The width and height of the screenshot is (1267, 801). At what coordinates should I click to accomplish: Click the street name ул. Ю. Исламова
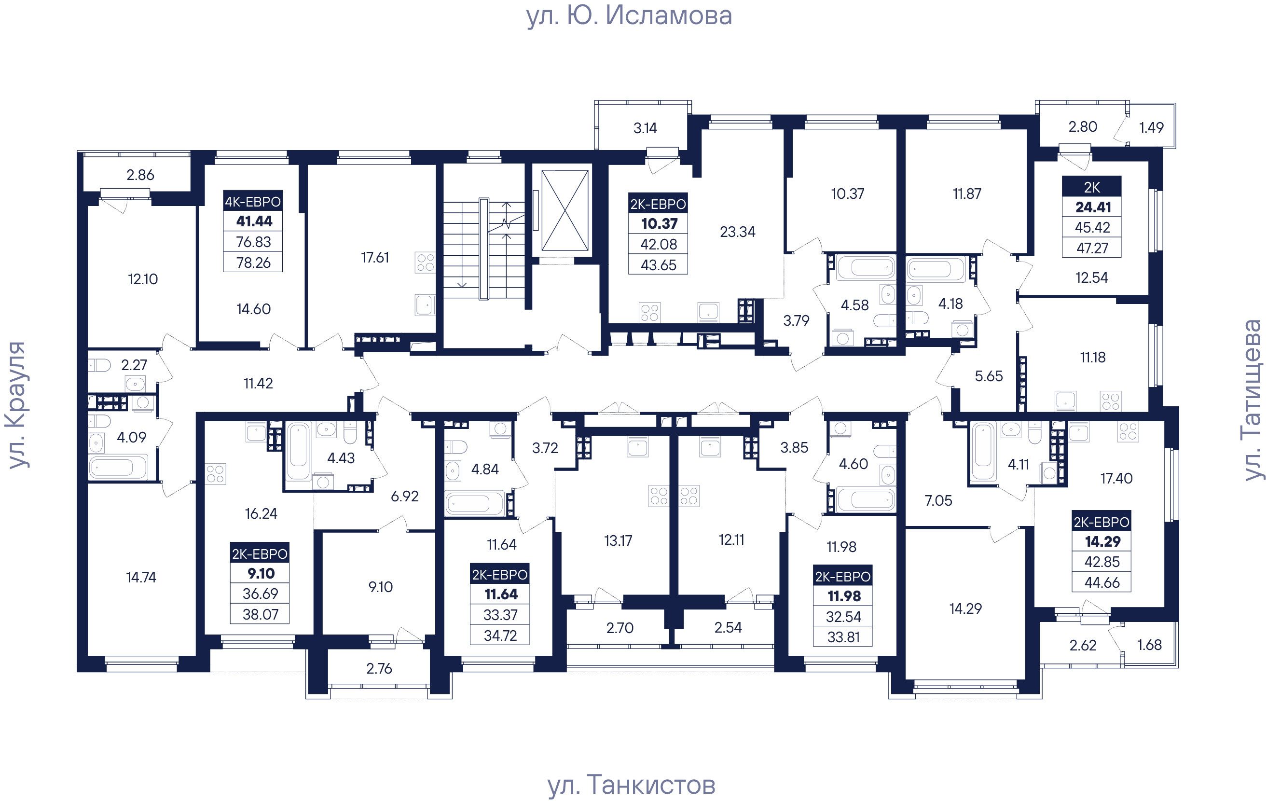click(629, 15)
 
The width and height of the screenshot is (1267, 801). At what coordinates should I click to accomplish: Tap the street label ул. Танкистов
click(632, 785)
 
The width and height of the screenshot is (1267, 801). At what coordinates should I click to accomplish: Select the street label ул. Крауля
click(16, 405)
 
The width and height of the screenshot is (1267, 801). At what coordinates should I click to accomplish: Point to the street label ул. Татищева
click(1252, 400)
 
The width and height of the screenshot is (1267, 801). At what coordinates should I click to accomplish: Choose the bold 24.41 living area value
click(1093, 207)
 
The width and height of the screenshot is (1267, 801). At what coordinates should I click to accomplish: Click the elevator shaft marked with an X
click(565, 210)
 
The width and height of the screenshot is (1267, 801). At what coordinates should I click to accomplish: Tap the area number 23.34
click(737, 232)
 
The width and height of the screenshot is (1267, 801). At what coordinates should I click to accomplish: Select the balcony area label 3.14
click(645, 128)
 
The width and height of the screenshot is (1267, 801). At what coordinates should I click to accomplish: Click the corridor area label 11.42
click(258, 383)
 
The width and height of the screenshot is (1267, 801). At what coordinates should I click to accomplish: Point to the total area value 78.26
click(253, 262)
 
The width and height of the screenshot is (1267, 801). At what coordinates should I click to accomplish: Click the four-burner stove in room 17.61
click(425, 262)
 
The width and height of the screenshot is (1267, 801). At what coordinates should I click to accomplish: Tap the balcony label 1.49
click(1151, 127)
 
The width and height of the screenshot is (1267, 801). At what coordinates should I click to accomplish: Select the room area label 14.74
click(141, 577)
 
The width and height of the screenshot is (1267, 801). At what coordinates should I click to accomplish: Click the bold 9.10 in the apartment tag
click(261, 573)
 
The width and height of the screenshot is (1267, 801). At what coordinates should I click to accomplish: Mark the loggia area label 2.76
click(379, 668)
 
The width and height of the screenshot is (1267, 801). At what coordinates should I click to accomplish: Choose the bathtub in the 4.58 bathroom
click(865, 267)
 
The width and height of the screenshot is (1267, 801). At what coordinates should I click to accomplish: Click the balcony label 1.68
click(1149, 645)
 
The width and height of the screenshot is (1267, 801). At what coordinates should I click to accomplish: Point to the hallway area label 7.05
click(938, 500)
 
